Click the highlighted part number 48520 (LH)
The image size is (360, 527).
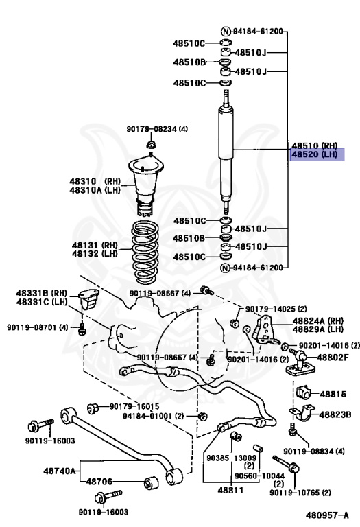click(315, 155)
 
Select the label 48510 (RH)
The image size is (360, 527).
click(315, 145)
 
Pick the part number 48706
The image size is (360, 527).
click(101, 482)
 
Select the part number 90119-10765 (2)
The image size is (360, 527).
click(300, 493)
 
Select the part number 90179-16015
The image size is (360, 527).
click(133, 407)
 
